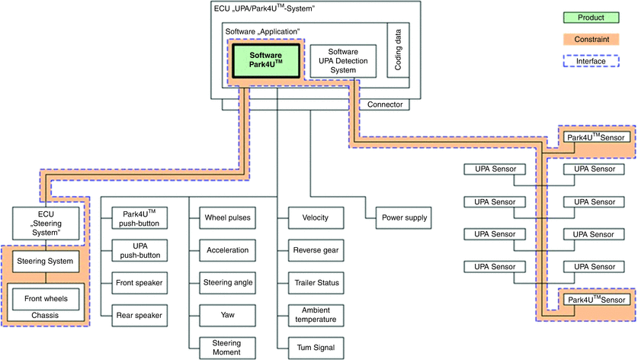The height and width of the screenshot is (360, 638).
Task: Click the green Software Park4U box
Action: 266,61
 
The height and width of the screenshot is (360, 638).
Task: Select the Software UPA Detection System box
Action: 343,60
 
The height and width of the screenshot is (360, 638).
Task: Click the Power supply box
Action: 404,217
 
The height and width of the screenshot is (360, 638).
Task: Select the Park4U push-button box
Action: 139,217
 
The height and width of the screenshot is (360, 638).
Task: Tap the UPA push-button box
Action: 139,250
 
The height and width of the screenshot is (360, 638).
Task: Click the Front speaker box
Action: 139,283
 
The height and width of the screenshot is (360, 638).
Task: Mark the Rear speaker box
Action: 139,315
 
